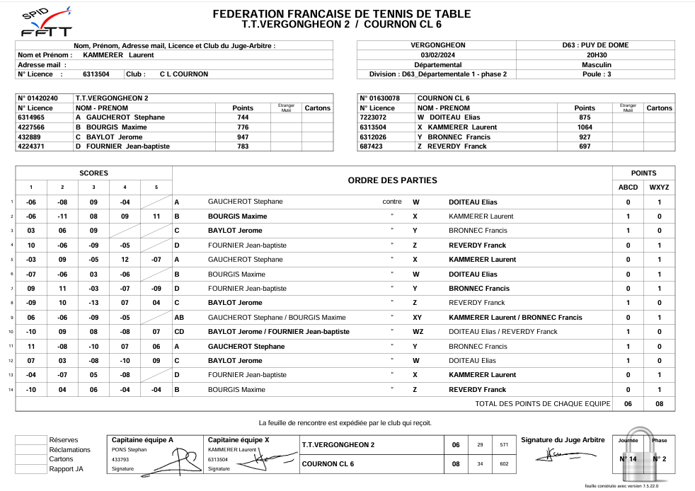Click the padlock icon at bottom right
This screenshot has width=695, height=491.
click(x=643, y=454)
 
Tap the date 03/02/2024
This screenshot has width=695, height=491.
click(x=437, y=54)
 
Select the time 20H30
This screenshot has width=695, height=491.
click(x=597, y=54)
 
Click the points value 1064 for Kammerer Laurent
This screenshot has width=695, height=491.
click(x=585, y=127)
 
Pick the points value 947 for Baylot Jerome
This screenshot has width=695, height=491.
click(x=243, y=137)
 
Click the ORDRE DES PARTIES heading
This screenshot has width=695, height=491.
click(x=392, y=180)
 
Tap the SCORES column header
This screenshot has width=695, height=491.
click(x=93, y=173)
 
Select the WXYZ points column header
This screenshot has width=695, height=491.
click(x=659, y=187)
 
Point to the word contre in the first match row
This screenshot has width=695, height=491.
click(x=391, y=202)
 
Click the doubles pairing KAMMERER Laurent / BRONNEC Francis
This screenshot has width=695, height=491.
click(x=515, y=318)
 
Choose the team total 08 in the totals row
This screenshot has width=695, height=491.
click(x=659, y=404)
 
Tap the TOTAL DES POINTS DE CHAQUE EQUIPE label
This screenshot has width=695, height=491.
click(x=542, y=404)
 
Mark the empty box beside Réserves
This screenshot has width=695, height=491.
click(x=31, y=440)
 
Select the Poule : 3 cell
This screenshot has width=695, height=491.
click(x=597, y=74)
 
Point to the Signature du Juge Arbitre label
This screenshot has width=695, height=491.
click(x=563, y=440)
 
